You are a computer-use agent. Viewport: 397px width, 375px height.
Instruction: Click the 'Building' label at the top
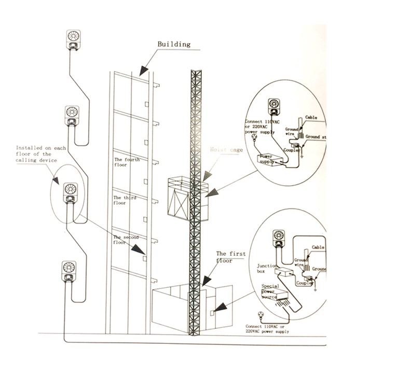[174, 45]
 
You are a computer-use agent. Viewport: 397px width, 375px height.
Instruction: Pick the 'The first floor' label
[231, 257]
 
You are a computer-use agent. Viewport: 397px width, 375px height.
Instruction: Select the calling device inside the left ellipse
[70, 193]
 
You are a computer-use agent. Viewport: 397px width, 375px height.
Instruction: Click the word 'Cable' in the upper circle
[311, 118]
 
